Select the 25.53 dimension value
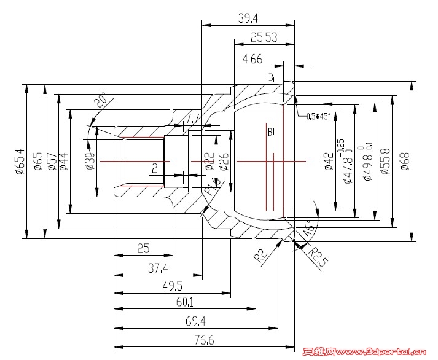click(264, 38)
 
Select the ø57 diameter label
click(50, 161)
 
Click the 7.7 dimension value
click(193, 118)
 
